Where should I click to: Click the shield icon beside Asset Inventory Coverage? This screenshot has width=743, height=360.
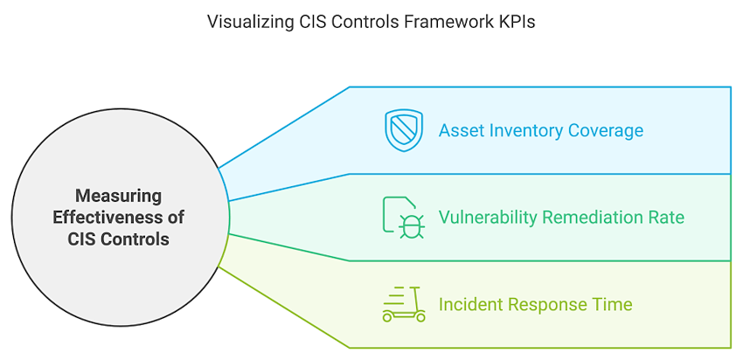(x=403, y=130)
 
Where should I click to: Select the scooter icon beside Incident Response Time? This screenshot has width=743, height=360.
(x=404, y=304)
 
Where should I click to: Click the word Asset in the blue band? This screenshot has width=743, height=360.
(x=459, y=131)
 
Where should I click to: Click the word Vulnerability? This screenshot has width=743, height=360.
(x=487, y=218)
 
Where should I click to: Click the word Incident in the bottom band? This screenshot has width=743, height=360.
(x=470, y=305)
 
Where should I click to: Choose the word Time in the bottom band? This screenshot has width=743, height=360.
(x=612, y=305)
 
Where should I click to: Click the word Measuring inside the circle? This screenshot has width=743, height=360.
(x=118, y=195)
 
